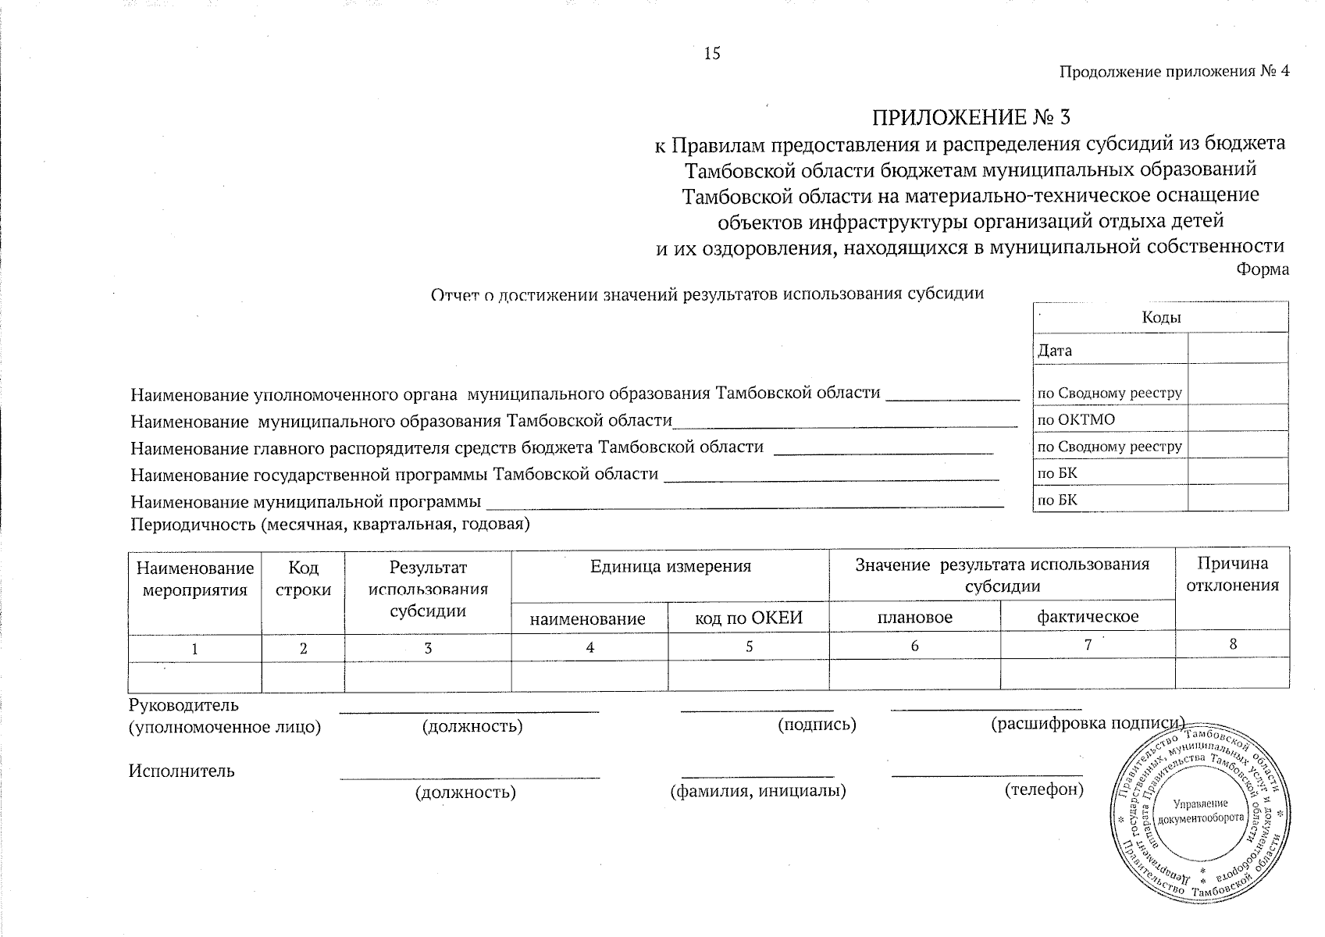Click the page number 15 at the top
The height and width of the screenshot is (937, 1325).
pyautogui.click(x=711, y=53)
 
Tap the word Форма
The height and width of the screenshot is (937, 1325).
pyautogui.click(x=1263, y=270)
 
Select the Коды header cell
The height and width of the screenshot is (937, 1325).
pyautogui.click(x=1160, y=317)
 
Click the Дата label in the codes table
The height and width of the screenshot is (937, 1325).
pyautogui.click(x=1055, y=351)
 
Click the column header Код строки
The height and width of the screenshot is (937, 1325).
pyautogui.click(x=303, y=578)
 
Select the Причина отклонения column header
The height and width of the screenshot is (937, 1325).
pyautogui.click(x=1232, y=575)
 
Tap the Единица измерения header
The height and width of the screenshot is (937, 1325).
pyautogui.click(x=670, y=567)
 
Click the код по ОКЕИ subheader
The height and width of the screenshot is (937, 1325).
pyautogui.click(x=748, y=618)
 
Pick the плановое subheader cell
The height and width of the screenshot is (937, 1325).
pyautogui.click(x=914, y=618)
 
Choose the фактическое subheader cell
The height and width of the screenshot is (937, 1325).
pyautogui.click(x=1087, y=617)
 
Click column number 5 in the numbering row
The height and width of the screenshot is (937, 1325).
pyautogui.click(x=749, y=647)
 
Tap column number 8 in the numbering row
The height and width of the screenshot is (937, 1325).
pyautogui.click(x=1233, y=644)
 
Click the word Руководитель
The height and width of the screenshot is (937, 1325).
pyautogui.click(x=183, y=706)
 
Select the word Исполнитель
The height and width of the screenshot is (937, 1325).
pyautogui.click(x=181, y=771)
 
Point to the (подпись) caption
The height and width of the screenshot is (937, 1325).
pyautogui.click(x=817, y=725)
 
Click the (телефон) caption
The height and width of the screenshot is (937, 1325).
pyautogui.click(x=1044, y=790)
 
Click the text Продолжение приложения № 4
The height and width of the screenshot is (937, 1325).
pyautogui.click(x=1174, y=72)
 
